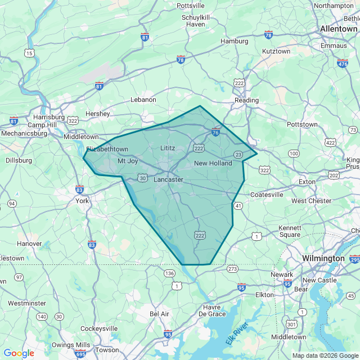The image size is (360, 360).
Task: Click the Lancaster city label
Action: click(168, 179)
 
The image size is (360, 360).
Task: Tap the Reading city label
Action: click(246, 100)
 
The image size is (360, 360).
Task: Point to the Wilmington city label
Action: click(323, 258)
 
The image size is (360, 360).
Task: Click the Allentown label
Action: click(338, 29)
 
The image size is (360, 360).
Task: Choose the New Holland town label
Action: click(213, 163)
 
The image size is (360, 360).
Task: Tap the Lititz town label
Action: click(168, 148)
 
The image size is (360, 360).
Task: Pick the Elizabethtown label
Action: click(107, 149)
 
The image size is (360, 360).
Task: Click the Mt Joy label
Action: click(128, 161)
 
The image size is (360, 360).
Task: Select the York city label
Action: click(82, 201)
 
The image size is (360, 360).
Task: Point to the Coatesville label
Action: click(267, 195)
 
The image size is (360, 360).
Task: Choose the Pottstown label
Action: click(302, 124)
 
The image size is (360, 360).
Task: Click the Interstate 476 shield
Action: click(343, 64)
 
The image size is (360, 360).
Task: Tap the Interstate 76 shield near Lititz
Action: click(215, 133)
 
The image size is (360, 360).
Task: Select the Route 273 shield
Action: click(232, 269)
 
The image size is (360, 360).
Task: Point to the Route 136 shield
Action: click(169, 273)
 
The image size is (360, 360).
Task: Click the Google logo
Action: click(19, 353)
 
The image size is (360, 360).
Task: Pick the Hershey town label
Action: click(97, 114)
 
